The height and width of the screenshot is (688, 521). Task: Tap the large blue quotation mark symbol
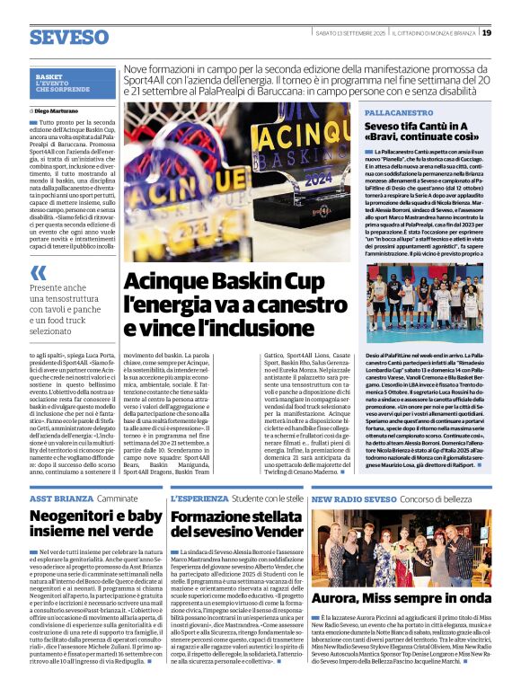[38, 272]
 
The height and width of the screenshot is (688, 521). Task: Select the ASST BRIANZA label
[60, 497]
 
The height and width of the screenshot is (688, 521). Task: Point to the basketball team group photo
[424, 303]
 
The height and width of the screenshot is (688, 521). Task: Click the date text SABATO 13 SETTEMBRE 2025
[352, 34]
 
